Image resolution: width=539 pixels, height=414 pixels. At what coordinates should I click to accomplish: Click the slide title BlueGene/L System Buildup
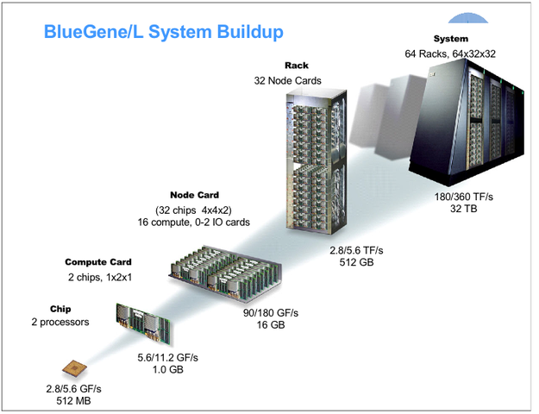pos(163,33)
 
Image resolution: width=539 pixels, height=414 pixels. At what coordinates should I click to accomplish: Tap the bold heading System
pos(451,39)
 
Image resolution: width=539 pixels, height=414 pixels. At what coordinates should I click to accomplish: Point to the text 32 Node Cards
pos(288,80)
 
